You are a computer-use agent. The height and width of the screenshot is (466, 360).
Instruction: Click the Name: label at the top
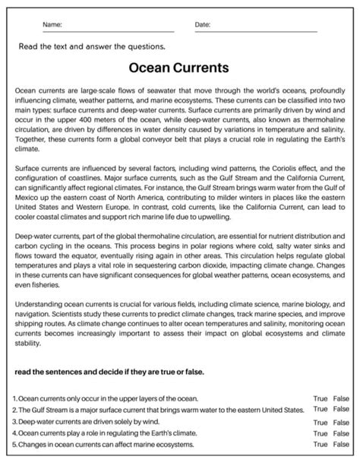pyautogui.click(x=52, y=25)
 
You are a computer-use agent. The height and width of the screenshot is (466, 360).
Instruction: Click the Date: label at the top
pyautogui.click(x=203, y=25)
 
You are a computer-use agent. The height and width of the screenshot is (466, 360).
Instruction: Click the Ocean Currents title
pyautogui.click(x=180, y=68)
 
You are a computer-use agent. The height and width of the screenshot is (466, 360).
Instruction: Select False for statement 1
pyautogui.click(x=341, y=398)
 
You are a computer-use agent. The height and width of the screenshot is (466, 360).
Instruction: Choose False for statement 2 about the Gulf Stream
pyautogui.click(x=341, y=409)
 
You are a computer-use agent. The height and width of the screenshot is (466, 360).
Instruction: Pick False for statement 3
pyautogui.click(x=341, y=422)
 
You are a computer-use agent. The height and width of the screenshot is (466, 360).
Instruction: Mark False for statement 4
pyautogui.click(x=341, y=433)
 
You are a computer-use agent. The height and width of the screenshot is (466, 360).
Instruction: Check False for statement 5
pyautogui.click(x=341, y=444)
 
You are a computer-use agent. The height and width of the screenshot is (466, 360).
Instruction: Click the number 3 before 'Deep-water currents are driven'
pyautogui.click(x=15, y=421)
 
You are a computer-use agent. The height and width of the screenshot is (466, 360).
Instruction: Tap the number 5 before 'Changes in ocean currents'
pyautogui.click(x=15, y=444)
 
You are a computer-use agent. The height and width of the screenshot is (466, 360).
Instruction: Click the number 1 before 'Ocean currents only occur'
pyautogui.click(x=15, y=398)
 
